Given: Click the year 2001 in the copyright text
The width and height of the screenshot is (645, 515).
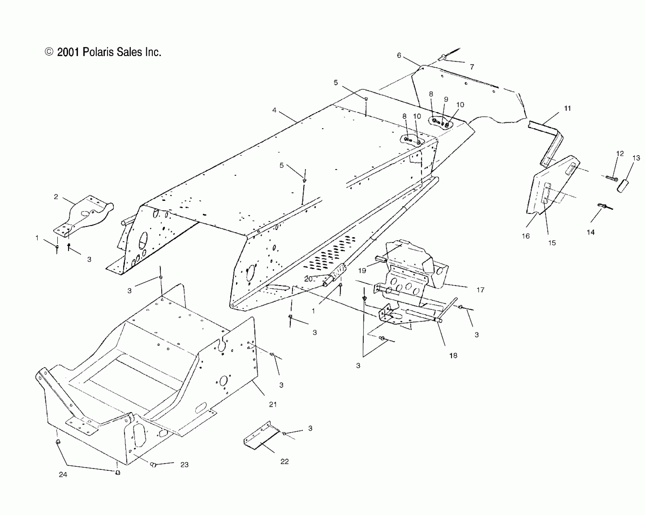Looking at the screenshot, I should tap(68, 52).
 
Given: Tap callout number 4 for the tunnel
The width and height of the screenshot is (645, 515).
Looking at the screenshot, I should tap(274, 110).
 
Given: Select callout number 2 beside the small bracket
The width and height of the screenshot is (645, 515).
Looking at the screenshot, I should tap(56, 197).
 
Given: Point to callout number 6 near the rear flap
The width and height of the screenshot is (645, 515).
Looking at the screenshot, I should tap(399, 55).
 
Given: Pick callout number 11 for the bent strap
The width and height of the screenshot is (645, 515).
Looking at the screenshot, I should tap(568, 108).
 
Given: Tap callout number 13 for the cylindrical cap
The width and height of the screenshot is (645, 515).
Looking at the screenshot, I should tap(636, 158).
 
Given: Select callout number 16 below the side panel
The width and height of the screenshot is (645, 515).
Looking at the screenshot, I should tap(526, 236).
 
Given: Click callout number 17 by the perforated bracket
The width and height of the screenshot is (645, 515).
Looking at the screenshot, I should tap(480, 290).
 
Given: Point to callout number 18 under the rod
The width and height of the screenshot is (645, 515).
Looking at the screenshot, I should tap(453, 356).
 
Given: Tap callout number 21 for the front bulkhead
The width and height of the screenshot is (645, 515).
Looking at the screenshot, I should tap(273, 404).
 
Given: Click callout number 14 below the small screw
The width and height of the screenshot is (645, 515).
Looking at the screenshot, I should tap(591, 232).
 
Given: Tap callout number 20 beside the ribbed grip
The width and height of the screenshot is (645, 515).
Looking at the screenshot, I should tap(308, 279).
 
